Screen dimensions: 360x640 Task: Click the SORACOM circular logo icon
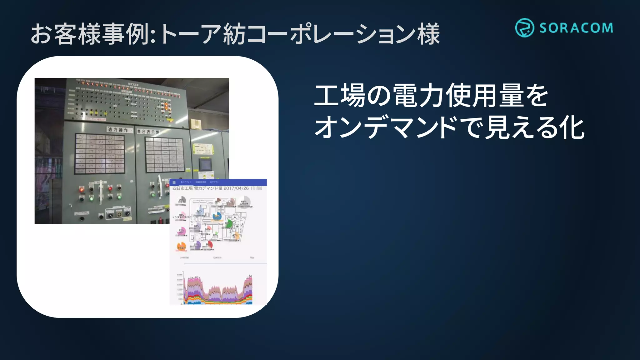point(524,28)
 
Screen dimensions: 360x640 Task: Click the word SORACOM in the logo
point(576,28)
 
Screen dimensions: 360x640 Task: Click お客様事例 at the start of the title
point(89,34)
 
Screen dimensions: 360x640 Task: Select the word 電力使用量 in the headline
point(458,95)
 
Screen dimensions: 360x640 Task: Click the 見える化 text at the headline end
point(535,127)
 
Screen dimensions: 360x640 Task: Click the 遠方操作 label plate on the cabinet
point(118,130)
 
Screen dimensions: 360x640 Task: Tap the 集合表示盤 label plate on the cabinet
point(148,132)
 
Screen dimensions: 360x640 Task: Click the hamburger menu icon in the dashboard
point(174,182)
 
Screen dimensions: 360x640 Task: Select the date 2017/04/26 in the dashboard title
point(236,188)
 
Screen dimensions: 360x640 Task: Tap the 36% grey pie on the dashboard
point(182,200)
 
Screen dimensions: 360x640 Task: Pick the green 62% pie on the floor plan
point(229,223)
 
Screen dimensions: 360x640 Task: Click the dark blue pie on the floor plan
point(217,216)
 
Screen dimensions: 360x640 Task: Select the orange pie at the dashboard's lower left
point(181,247)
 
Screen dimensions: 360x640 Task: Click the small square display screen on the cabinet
point(205,165)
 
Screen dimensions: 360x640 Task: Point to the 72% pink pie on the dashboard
point(182,232)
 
